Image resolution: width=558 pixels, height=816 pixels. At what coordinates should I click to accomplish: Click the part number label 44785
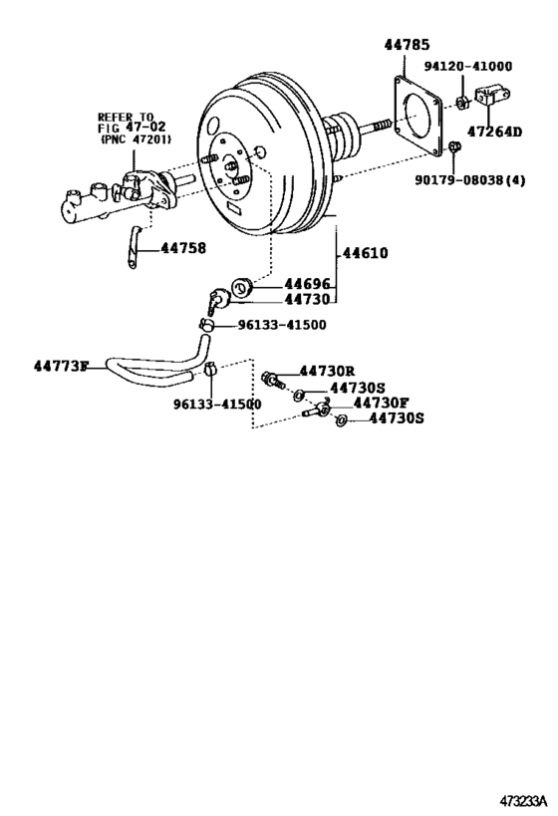coord(407,44)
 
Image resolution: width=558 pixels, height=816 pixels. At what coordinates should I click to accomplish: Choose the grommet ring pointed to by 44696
coord(240,291)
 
